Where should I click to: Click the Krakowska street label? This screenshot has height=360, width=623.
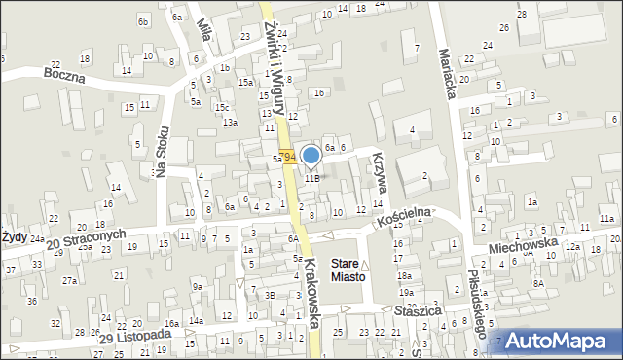312,297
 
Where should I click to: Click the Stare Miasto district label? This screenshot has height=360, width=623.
348,270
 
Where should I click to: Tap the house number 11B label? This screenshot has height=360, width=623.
311,178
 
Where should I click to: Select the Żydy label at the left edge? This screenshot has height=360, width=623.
13,236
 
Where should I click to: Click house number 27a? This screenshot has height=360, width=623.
70,280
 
